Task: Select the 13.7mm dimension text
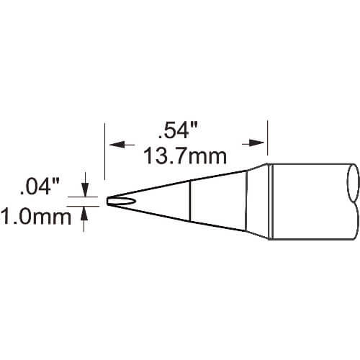point(185,156)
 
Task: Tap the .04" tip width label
point(40,187)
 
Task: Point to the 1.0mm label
point(36,217)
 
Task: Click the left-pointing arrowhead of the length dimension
point(117,145)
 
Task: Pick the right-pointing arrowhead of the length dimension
point(256,143)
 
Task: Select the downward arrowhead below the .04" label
point(85,190)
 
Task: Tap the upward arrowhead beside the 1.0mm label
point(84,213)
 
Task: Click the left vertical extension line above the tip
point(105,151)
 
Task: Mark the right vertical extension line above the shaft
point(268,138)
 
